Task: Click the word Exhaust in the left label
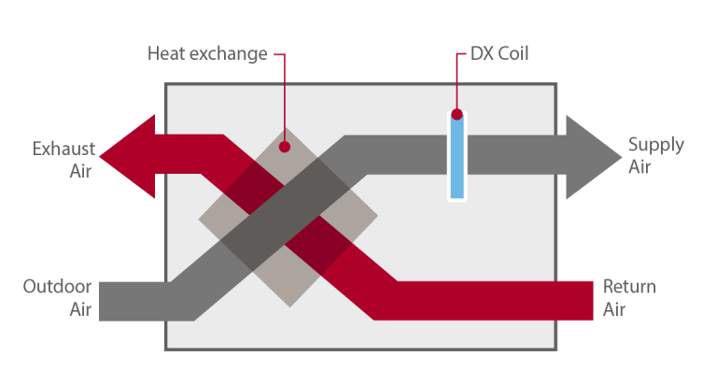click(x=62, y=149)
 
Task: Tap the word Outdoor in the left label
click(x=57, y=286)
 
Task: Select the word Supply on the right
click(x=655, y=145)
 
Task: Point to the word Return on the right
click(x=629, y=286)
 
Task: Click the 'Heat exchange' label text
click(x=206, y=53)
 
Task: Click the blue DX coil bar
click(x=457, y=159)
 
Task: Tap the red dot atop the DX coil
click(x=457, y=116)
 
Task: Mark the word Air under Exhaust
click(x=80, y=171)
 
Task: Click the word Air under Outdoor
click(x=80, y=308)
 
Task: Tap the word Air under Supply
click(x=640, y=167)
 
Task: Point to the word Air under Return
click(x=614, y=308)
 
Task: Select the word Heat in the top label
click(x=164, y=53)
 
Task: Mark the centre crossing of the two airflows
click(x=288, y=220)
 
